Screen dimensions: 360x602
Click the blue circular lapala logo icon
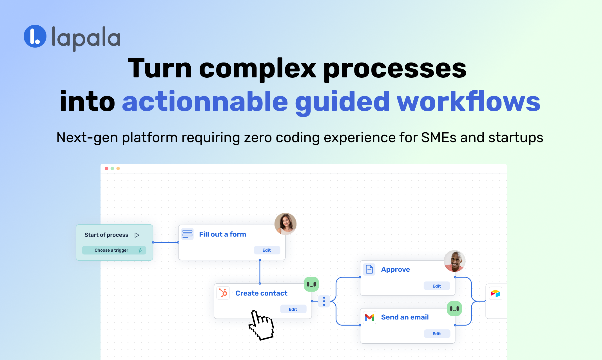click(x=35, y=36)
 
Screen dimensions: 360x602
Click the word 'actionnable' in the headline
click(x=205, y=102)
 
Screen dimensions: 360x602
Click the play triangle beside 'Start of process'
click(x=137, y=235)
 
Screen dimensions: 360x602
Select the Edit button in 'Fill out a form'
click(x=267, y=250)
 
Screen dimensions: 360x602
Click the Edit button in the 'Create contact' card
click(x=293, y=309)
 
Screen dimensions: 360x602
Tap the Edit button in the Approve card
click(x=436, y=286)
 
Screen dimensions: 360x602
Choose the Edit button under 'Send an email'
click(x=437, y=334)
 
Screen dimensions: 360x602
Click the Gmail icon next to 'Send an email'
click(x=369, y=318)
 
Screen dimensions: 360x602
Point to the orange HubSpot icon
click(x=223, y=293)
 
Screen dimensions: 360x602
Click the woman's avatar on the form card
click(x=285, y=224)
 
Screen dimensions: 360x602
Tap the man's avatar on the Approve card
click(x=454, y=261)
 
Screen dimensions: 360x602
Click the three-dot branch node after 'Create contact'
click(x=324, y=301)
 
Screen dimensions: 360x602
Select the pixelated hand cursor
click(x=261, y=325)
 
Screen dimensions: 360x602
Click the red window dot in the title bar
click(x=106, y=168)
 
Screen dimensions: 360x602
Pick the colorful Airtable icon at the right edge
click(x=495, y=294)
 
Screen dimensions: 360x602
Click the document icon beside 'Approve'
click(x=369, y=269)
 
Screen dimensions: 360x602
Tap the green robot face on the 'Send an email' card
click(x=454, y=308)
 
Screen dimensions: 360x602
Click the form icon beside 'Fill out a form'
click(x=188, y=234)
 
